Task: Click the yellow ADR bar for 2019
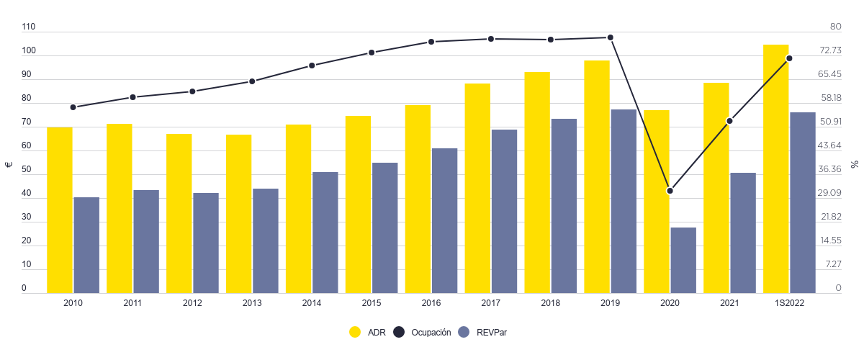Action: click(x=597, y=176)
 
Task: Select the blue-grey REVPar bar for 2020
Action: click(x=683, y=260)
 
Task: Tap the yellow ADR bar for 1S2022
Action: click(x=776, y=168)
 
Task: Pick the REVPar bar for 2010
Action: click(x=86, y=245)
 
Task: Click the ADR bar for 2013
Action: click(x=238, y=214)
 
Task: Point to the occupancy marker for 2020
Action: click(x=670, y=191)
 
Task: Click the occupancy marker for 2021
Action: click(x=730, y=121)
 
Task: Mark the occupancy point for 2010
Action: click(x=73, y=107)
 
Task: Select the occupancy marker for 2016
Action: click(x=431, y=42)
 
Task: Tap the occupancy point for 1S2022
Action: click(x=790, y=58)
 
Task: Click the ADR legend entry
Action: click(x=368, y=332)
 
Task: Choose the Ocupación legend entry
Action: click(x=423, y=332)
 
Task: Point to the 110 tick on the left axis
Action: click(x=29, y=27)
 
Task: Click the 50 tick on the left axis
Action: click(x=27, y=170)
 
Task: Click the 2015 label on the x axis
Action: click(x=372, y=304)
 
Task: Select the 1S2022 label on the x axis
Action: click(x=790, y=304)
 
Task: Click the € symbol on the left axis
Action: click(x=9, y=164)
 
